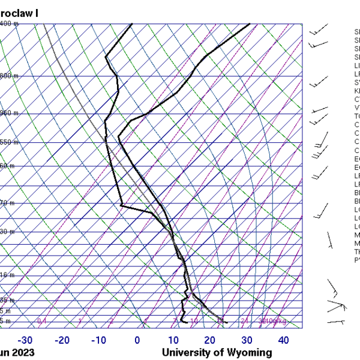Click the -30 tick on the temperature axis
tap(25, 340)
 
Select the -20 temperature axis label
tap(62, 340)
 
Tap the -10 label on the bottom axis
tap(100, 340)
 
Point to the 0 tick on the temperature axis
tap(137, 340)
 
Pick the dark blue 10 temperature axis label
tap(174, 340)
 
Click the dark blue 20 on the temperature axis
tap(210, 340)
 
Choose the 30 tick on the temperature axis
tap(247, 340)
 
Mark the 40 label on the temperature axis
tap(284, 340)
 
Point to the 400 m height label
tap(8, 24)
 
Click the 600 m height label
tap(8, 76)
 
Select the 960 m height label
tap(8, 113)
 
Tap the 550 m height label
tap(8, 142)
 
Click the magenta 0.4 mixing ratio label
tap(42, 322)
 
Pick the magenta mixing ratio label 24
tap(244, 322)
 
